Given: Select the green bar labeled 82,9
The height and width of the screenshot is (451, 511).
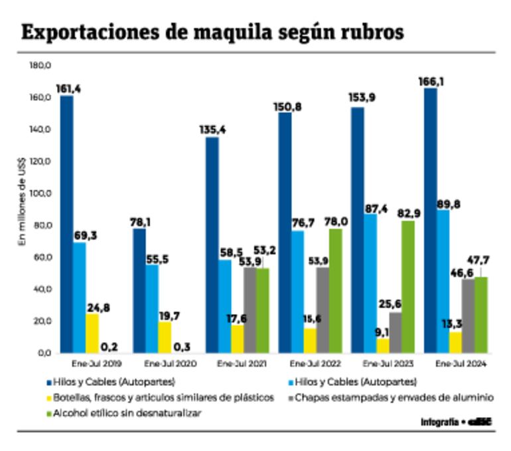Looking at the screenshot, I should click(x=407, y=286).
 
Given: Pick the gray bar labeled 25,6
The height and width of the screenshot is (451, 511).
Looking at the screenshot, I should click(x=396, y=332).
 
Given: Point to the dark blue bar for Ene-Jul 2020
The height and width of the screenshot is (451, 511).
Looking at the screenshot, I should click(x=139, y=290).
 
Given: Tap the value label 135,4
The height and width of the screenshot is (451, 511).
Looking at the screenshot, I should click(x=212, y=130).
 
